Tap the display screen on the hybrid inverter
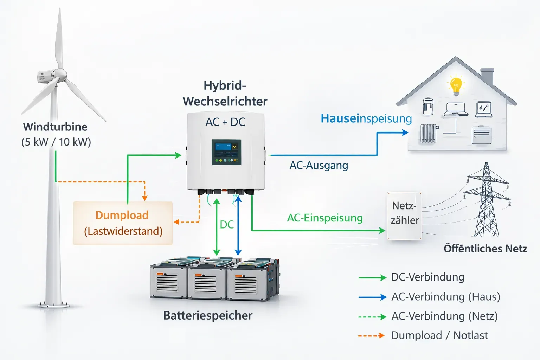click(x=226, y=152)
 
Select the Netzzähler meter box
click(x=405, y=216)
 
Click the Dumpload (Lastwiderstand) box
click(x=123, y=223)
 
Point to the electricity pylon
click(x=487, y=200)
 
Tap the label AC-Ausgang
click(x=319, y=166)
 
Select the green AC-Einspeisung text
click(x=325, y=218)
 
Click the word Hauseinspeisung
click(x=366, y=118)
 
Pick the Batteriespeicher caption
click(x=208, y=315)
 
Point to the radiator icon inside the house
click(x=429, y=133)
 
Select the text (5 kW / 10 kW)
click(x=56, y=142)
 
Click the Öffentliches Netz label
click(x=485, y=249)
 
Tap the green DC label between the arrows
click(x=227, y=225)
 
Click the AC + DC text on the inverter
click(x=225, y=122)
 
